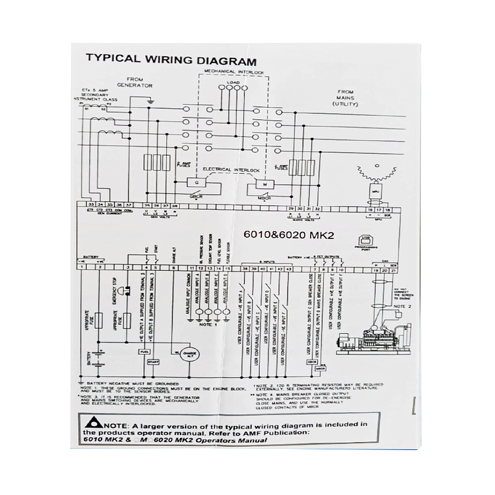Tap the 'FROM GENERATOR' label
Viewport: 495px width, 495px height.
tap(134, 82)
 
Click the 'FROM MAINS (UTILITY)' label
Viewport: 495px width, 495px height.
tap(346, 97)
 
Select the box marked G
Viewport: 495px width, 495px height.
tap(194, 183)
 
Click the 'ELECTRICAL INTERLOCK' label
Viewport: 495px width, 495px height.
tap(231, 170)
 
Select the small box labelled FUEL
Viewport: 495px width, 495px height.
tap(145, 352)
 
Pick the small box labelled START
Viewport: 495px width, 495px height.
tap(154, 361)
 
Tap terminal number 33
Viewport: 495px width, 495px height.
tap(82, 205)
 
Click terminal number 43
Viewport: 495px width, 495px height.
tap(288, 268)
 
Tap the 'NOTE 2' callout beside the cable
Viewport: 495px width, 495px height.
tap(406, 305)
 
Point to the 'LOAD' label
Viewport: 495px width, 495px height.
tap(233, 83)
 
